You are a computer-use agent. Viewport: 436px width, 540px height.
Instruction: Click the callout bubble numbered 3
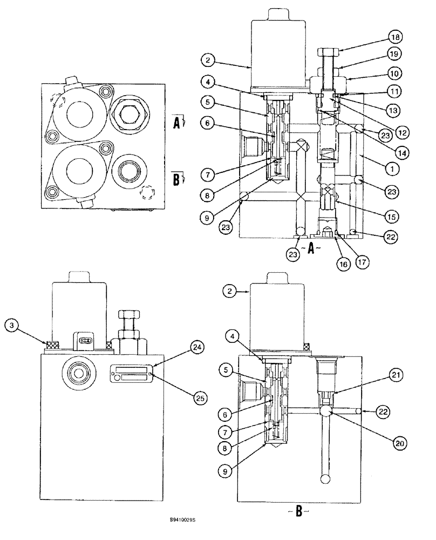pos(12,326)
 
